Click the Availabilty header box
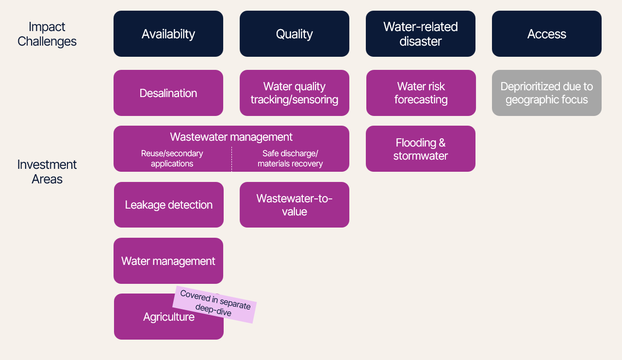tap(168, 34)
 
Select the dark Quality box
tap(295, 34)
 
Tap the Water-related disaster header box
tap(421, 34)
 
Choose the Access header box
tap(547, 34)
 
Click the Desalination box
tap(168, 93)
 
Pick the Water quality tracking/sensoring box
tap(295, 93)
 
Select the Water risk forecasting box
tap(421, 93)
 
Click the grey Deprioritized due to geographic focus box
tap(547, 93)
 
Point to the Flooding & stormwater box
tap(421, 149)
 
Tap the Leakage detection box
tap(169, 205)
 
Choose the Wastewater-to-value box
tap(295, 205)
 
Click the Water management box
tap(168, 261)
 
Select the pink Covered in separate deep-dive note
tap(214, 304)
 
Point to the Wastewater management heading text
tap(231, 137)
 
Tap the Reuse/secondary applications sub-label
tap(172, 159)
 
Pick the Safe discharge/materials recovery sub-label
tap(290, 159)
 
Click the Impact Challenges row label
tap(47, 34)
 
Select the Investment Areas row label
tap(47, 172)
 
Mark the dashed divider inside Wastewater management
tap(231, 159)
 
